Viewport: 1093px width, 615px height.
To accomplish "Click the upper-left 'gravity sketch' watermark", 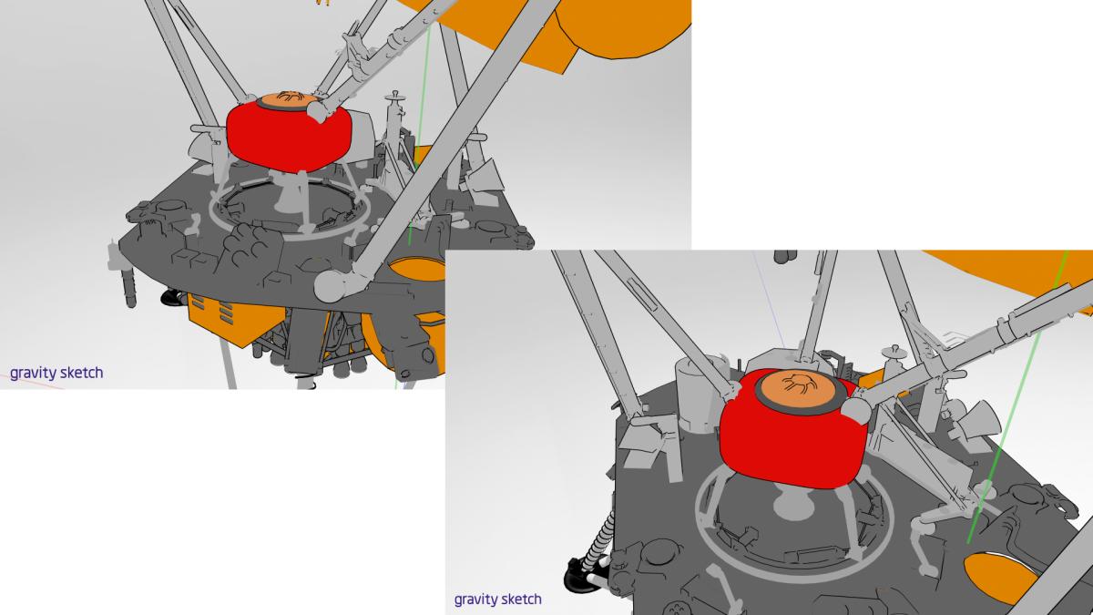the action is click(56, 373).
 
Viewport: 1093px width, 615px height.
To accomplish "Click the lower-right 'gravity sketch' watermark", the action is click(497, 599).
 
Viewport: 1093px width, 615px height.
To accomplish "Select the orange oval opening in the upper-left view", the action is click(417, 270).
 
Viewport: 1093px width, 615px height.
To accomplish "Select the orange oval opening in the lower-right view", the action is click(1000, 577).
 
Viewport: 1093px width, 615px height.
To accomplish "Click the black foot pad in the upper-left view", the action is click(172, 297).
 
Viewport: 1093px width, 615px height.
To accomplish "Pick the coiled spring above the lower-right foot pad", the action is click(598, 538).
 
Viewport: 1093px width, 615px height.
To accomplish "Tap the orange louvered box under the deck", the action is click(236, 320).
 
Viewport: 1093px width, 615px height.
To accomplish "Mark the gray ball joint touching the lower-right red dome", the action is click(856, 410).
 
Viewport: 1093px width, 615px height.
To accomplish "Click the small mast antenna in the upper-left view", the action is click(394, 118).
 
